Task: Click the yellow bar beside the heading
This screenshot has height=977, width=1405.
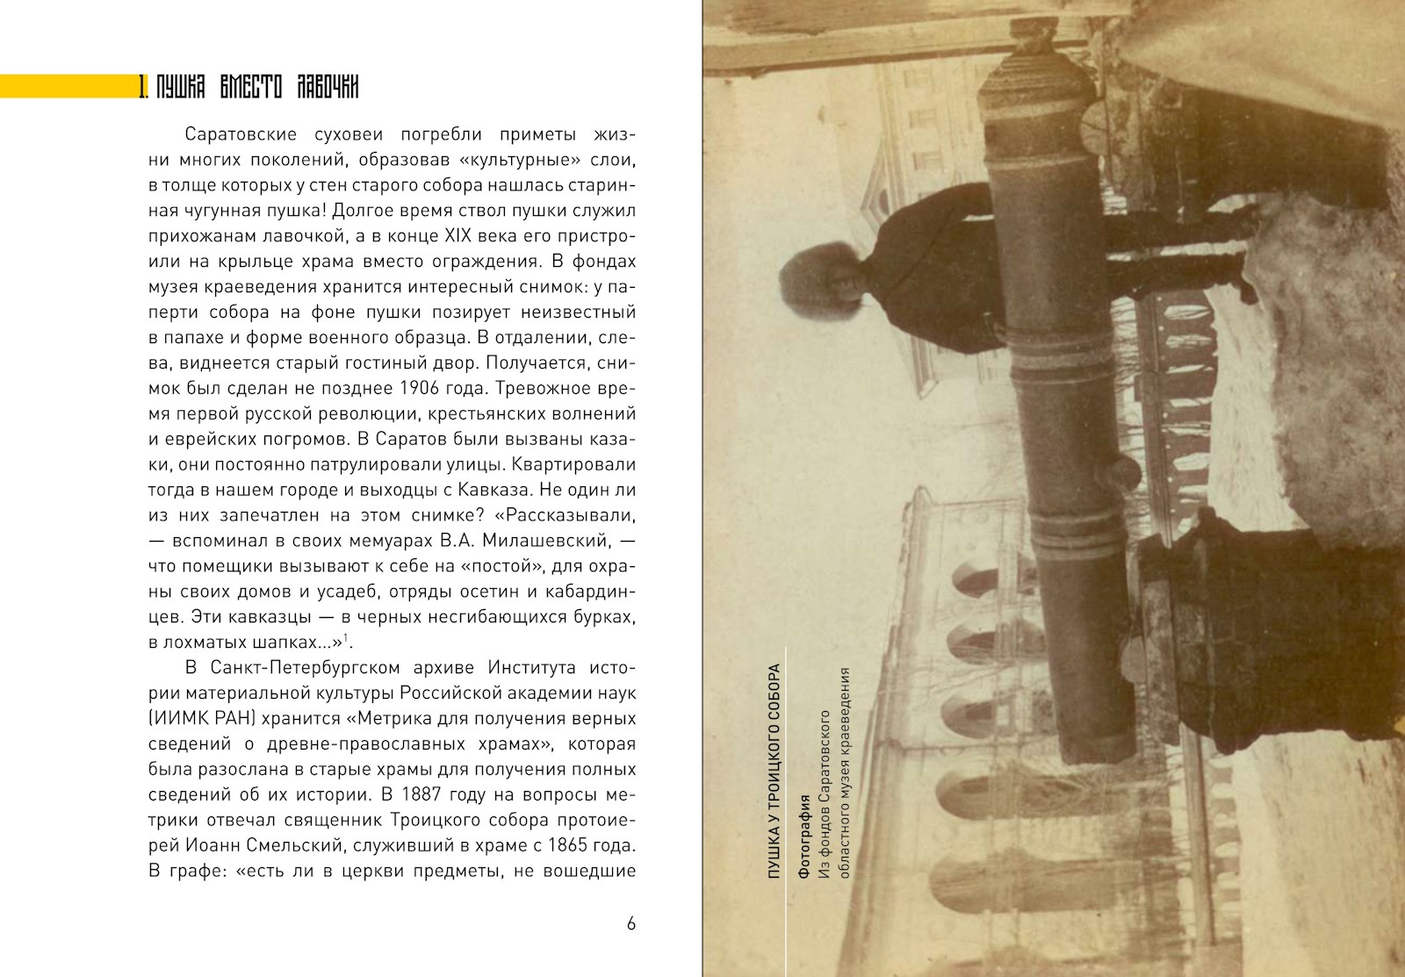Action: point(66,86)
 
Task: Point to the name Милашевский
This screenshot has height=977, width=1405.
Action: point(553,541)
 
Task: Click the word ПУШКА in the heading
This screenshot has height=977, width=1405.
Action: point(181,87)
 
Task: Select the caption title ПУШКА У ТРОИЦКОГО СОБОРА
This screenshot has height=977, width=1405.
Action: point(774,772)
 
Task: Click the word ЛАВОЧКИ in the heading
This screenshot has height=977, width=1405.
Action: point(328,87)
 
